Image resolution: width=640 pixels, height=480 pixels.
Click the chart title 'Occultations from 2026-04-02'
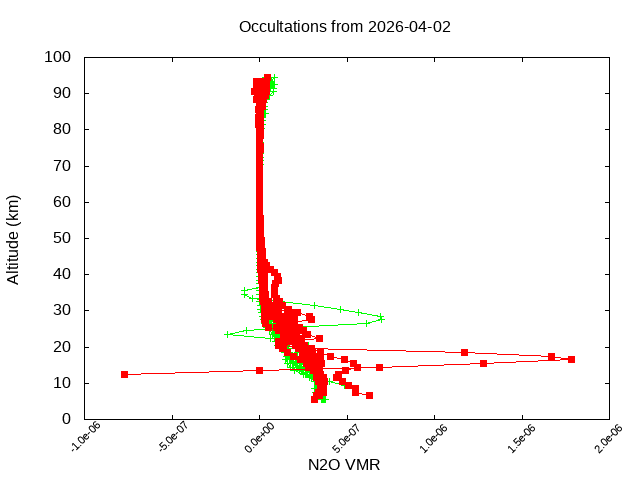pos(344,26)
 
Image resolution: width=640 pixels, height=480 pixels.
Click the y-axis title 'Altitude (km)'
pos(13,238)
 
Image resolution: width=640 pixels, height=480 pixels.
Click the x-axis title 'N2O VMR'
pos(344,464)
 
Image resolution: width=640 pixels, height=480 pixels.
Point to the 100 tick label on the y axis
pos(57,57)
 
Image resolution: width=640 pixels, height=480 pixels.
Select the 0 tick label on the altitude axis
pos(65,419)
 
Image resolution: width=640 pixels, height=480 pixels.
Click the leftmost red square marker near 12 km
pos(125,374)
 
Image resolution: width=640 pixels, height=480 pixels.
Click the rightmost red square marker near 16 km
pos(571,359)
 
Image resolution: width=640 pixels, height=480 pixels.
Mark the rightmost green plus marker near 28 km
pos(381,317)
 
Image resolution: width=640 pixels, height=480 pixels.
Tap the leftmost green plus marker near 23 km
pos(227,334)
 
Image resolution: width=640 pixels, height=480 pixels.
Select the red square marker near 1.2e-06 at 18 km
pos(464,352)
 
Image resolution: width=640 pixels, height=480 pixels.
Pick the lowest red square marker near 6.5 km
pos(369,395)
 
